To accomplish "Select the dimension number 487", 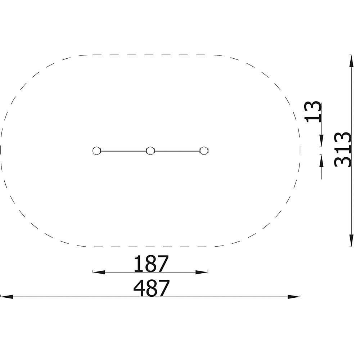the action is pyautogui.click(x=152, y=288).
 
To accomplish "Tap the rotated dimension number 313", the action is pyautogui.click(x=343, y=149).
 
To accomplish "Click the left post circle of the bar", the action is pyautogui.click(x=96, y=151).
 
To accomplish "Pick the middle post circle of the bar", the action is pyautogui.click(x=150, y=151).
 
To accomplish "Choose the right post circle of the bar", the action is pyautogui.click(x=204, y=151).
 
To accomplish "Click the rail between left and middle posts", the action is pyautogui.click(x=123, y=151).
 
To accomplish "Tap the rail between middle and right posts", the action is pyautogui.click(x=177, y=151).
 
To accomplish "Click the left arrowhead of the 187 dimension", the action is pyautogui.click(x=99, y=272).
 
